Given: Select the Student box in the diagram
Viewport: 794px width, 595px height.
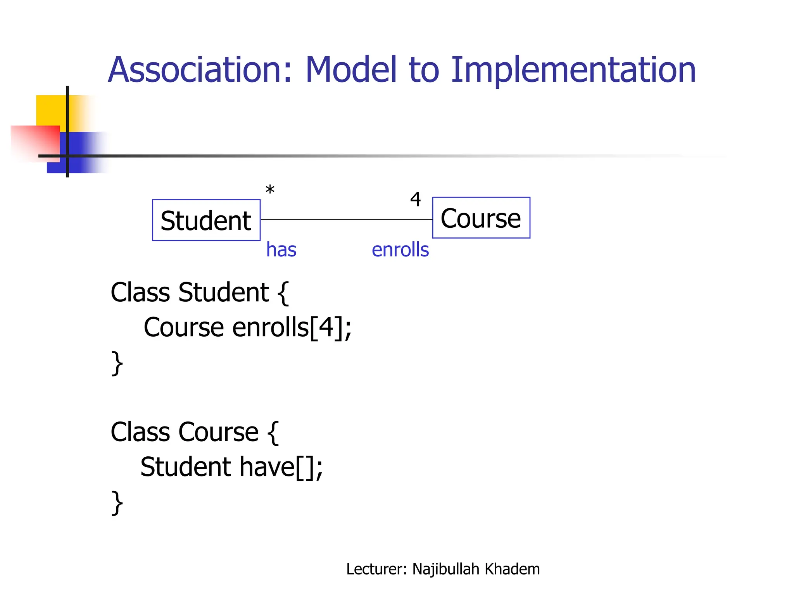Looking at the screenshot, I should click(206, 220).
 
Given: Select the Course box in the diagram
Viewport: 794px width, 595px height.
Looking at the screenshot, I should click(481, 218).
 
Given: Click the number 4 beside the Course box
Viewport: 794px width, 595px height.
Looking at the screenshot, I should click(415, 199).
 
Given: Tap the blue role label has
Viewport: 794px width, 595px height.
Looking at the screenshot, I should click(281, 249).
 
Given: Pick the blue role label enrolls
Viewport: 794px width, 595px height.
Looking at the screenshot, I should click(400, 249).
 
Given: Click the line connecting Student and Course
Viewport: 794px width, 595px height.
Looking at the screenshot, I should click(345, 219).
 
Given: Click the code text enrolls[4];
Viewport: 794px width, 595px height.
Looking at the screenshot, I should click(292, 328).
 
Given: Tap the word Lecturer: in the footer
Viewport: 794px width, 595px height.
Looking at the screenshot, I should click(376, 569).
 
